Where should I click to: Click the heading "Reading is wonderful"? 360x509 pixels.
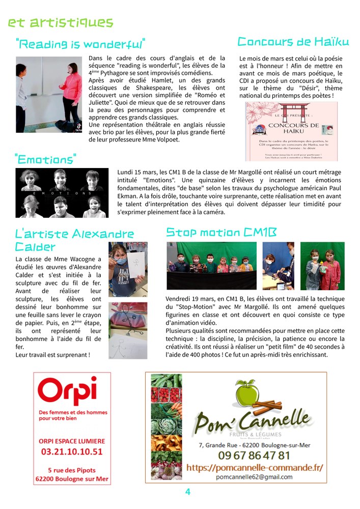coord(80,44)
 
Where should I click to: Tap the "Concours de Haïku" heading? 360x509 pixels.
coord(292,42)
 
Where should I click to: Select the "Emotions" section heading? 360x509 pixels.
coord(46,160)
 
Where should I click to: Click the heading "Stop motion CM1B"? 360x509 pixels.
coord(221,233)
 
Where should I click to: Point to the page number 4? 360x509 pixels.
coord(187,492)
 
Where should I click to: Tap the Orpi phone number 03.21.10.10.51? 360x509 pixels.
coord(72,451)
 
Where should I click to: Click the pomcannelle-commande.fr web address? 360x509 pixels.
coord(255,467)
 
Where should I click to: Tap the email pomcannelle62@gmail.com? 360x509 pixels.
coord(254,477)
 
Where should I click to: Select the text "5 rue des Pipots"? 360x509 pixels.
coord(72,470)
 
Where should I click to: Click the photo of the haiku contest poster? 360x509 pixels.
coord(291,131)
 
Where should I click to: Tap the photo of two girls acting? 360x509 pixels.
coord(49,95)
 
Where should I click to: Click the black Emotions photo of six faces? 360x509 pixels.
coord(62,193)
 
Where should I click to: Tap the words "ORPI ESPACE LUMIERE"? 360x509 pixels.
coord(72,441)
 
